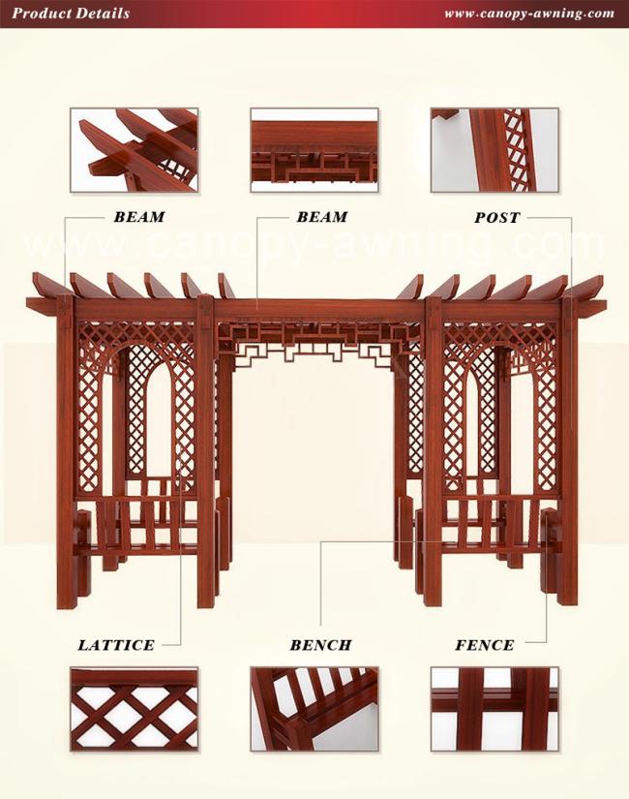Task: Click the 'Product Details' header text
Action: tap(71, 14)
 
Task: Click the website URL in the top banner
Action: tap(529, 14)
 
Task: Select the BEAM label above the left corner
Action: tap(139, 217)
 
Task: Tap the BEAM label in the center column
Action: tap(322, 217)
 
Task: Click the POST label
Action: tap(497, 218)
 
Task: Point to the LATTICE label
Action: tap(115, 645)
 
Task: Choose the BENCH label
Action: tap(320, 645)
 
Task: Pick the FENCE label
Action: tap(485, 645)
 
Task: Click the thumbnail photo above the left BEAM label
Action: tap(134, 150)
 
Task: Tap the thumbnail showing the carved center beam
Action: tap(314, 150)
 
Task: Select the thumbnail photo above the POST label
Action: tap(494, 150)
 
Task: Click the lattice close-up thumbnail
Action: tap(134, 709)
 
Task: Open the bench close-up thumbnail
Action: tap(314, 709)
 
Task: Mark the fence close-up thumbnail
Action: tap(494, 709)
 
